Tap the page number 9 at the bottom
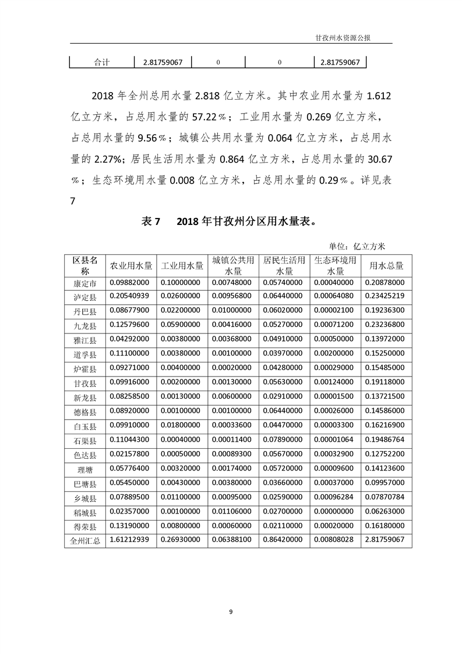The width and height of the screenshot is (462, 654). coord(231,611)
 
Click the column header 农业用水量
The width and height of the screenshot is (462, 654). coord(131,266)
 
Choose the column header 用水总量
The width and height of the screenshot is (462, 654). coord(386,266)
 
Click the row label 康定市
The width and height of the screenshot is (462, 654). coord(85,284)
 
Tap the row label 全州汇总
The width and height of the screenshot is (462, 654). coord(85,540)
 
